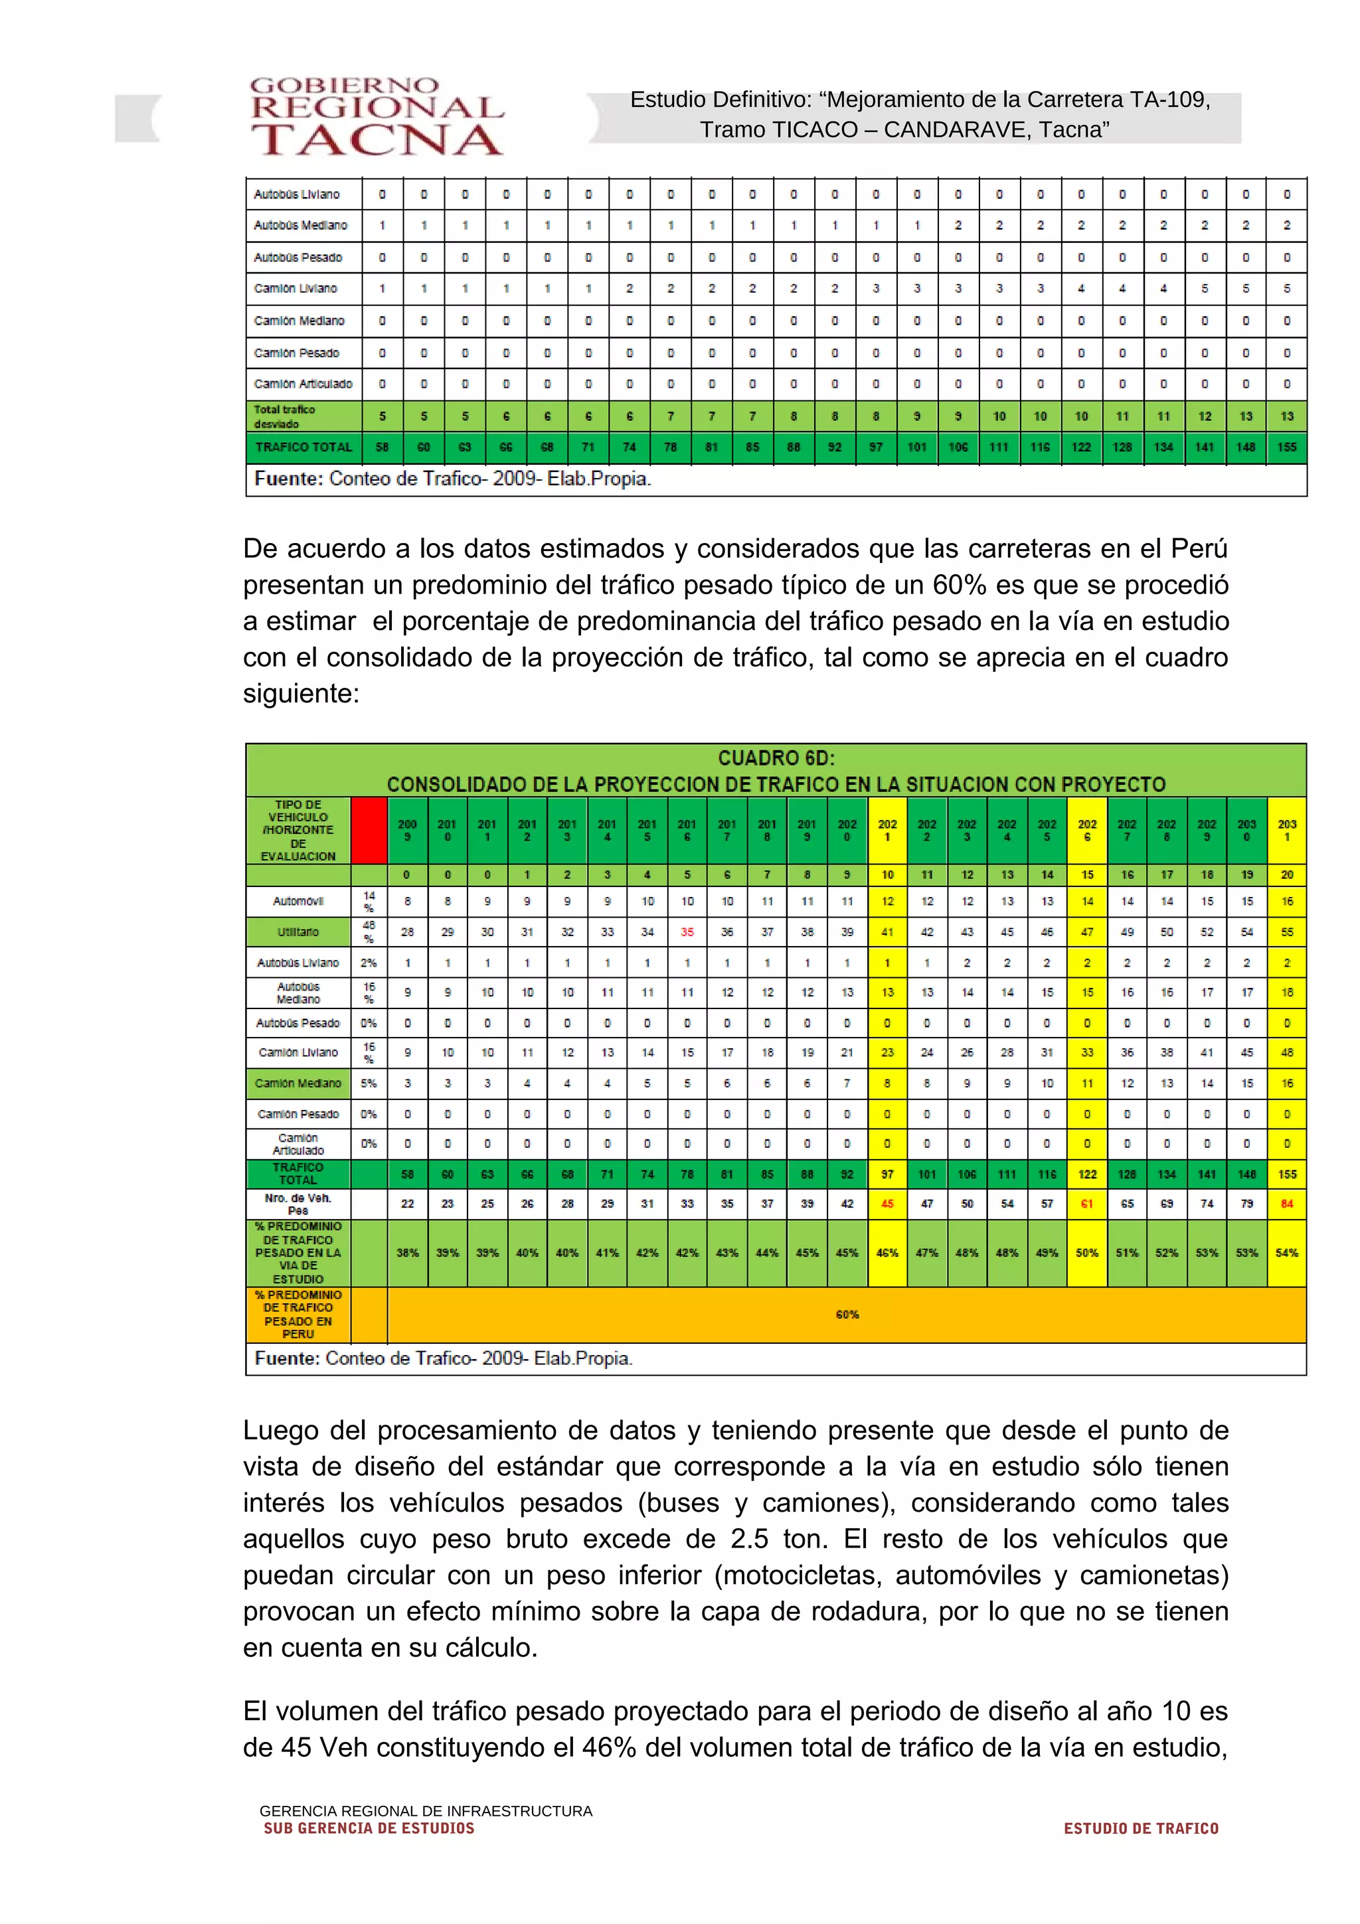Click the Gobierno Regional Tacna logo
(x=377, y=118)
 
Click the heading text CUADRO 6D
(x=776, y=758)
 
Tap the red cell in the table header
(x=369, y=830)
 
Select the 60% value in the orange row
(x=847, y=1314)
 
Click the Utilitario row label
(x=298, y=932)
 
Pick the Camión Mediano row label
(x=298, y=1083)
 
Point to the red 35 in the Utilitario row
(x=687, y=932)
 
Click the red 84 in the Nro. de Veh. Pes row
(x=1286, y=1204)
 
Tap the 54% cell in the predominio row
(x=1286, y=1253)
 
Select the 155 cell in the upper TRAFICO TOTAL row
(x=1286, y=447)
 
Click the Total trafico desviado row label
(x=285, y=416)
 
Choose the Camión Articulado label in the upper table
(x=303, y=384)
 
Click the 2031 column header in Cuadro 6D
(x=1286, y=830)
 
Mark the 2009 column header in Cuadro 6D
(x=407, y=830)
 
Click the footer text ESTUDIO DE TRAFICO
(x=1140, y=1829)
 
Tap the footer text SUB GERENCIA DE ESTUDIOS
(x=369, y=1829)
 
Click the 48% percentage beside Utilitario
(x=369, y=932)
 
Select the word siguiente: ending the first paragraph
(x=301, y=694)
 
